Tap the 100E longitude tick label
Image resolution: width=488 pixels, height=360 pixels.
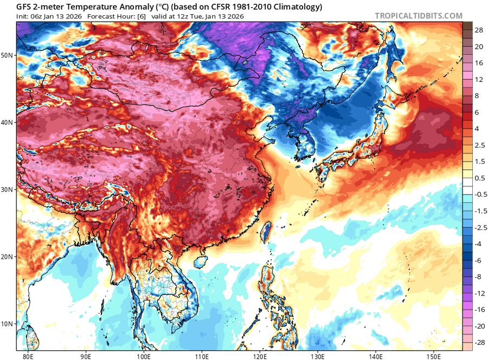click(x=144, y=356)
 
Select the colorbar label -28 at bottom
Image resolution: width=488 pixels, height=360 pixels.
click(x=479, y=343)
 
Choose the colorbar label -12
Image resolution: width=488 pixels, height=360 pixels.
click(x=479, y=293)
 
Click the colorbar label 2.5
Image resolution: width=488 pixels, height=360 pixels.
click(x=479, y=145)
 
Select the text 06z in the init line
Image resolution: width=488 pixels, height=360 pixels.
click(x=31, y=16)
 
